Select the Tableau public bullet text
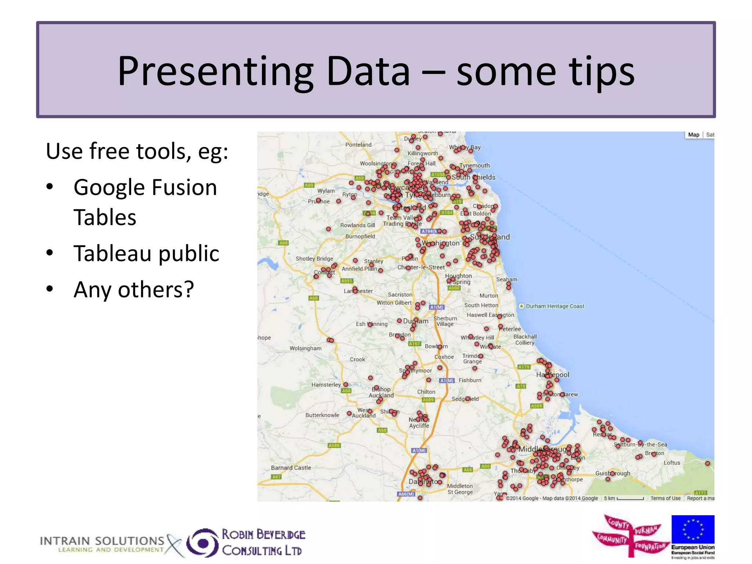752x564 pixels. [146, 253]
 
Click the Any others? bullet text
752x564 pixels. [133, 290]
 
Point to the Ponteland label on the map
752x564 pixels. [358, 145]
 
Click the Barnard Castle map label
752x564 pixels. [291, 468]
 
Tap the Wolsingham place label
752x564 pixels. [305, 348]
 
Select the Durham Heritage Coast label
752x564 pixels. [554, 306]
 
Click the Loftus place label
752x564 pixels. [672, 463]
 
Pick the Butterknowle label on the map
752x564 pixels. [322, 415]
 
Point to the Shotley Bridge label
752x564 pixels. [314, 258]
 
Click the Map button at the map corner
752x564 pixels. [693, 135]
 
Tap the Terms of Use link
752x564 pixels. [665, 498]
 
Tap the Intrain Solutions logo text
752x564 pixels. [102, 544]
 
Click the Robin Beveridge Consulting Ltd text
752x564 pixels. [263, 543]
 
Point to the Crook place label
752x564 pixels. [357, 359]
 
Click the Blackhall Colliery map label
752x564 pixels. [525, 339]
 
